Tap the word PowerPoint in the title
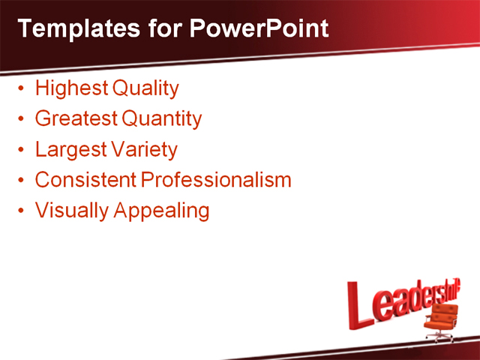pyautogui.click(x=258, y=28)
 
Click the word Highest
pyautogui.click(x=71, y=88)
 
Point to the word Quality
pyautogui.click(x=145, y=89)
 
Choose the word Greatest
pyautogui.click(x=76, y=118)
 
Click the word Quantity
pyautogui.click(x=161, y=119)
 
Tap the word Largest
pyautogui.click(x=70, y=149)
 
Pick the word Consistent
pyautogui.click(x=85, y=180)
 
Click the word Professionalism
pyautogui.click(x=216, y=180)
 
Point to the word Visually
pyautogui.click(x=71, y=211)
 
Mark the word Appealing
pyautogui.click(x=161, y=211)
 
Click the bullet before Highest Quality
pyautogui.click(x=21, y=89)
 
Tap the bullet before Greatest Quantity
pyautogui.click(x=21, y=119)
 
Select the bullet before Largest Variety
pyautogui.click(x=21, y=150)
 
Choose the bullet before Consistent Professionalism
pyautogui.click(x=21, y=181)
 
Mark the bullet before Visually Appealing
pyautogui.click(x=21, y=211)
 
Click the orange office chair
pyautogui.click(x=440, y=323)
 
